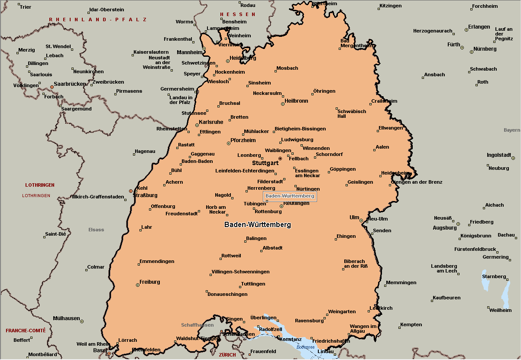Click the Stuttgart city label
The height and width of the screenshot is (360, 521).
265,163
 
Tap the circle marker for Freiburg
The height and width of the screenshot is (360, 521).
138,285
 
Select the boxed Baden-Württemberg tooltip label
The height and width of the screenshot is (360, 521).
290,196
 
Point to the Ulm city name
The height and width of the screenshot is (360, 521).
354,217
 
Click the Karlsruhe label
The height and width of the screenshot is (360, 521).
211,122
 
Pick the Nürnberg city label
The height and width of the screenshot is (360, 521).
485,49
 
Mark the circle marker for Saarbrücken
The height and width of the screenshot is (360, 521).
52,87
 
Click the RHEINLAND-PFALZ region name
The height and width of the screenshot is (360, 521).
98,20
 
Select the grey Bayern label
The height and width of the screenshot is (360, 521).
511,130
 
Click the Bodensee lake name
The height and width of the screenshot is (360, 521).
305,347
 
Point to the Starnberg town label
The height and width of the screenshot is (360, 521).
494,276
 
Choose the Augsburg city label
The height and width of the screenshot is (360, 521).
444,228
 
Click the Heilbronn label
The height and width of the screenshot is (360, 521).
296,101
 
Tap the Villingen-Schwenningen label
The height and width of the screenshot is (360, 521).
240,272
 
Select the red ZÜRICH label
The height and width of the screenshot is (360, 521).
227,355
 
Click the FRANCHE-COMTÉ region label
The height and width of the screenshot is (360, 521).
26,331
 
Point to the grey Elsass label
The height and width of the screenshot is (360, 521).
96,230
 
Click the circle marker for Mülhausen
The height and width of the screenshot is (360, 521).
82,321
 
